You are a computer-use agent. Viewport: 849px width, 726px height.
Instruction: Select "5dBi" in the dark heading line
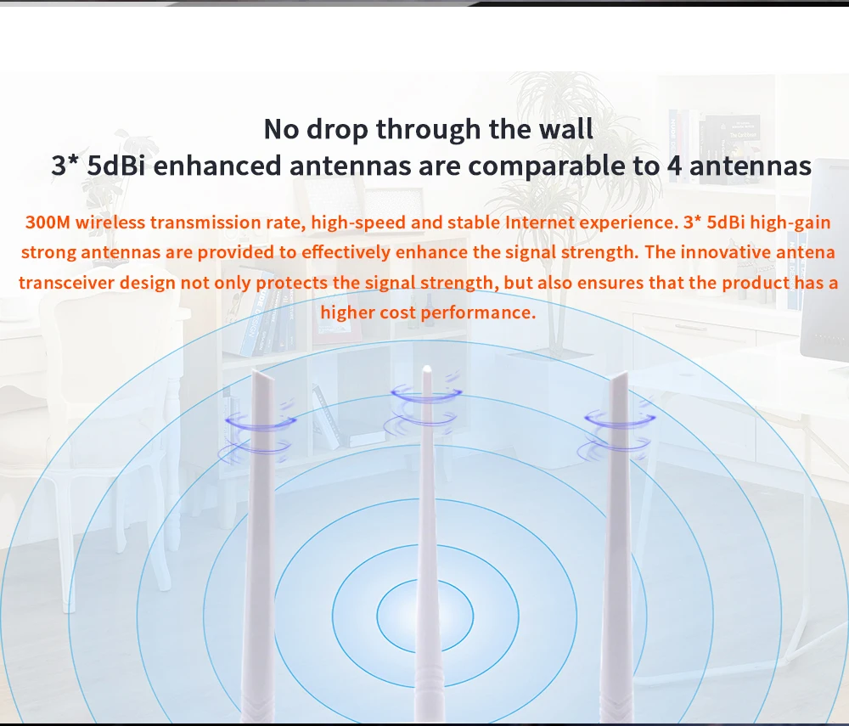[115, 165]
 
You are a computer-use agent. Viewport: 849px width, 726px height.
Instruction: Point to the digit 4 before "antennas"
[674, 166]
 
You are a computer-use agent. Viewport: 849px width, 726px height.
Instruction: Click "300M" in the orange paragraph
[48, 222]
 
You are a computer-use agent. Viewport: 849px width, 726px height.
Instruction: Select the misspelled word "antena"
[806, 252]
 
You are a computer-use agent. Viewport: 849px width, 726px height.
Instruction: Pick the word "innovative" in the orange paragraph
[726, 252]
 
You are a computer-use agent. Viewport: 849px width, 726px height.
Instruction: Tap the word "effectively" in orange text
[346, 253]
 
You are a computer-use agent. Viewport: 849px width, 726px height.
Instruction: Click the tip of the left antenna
[255, 370]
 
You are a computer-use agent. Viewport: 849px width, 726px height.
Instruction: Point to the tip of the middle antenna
[427, 368]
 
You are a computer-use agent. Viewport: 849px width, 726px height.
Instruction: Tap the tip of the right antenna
[625, 373]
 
